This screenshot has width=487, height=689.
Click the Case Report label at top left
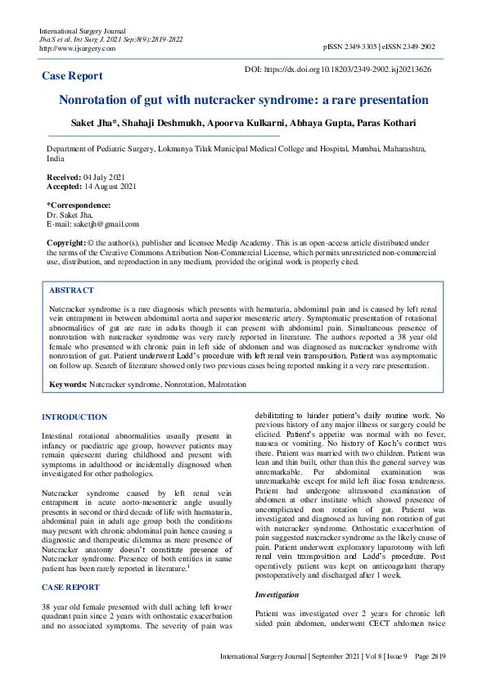[72, 76]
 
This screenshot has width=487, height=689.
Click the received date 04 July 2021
[106, 177]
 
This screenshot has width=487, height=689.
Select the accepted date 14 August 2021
[112, 187]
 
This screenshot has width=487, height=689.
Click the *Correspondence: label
[78, 205]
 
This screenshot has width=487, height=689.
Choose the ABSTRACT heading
[71, 290]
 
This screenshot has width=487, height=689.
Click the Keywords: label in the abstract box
[68, 384]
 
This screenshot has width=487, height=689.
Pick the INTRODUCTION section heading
[74, 417]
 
